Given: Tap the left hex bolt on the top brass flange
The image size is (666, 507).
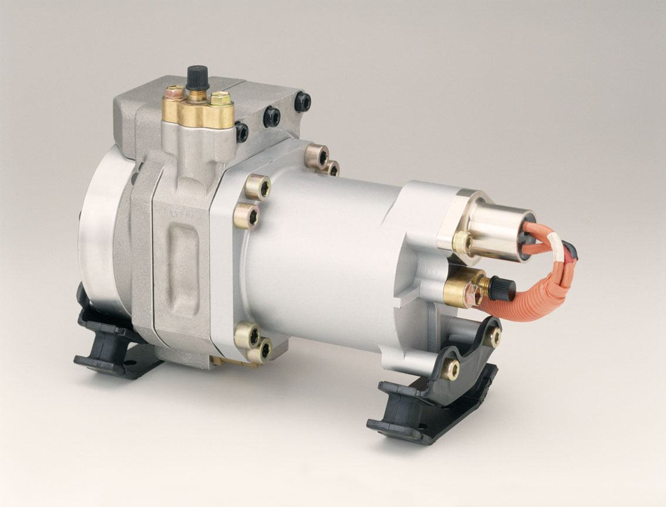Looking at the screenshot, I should (175, 93).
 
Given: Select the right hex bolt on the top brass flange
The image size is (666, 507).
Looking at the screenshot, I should (221, 99).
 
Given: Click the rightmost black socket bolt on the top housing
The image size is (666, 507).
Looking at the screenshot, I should (302, 102).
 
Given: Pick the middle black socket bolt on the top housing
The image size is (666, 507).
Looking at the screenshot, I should (272, 116).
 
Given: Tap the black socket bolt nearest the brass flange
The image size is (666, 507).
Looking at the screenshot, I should (241, 132).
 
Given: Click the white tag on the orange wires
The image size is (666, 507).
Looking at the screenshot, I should (553, 241).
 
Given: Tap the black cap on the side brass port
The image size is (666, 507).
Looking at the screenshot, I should (502, 288).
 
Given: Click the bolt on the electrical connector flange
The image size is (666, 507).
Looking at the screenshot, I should (463, 241).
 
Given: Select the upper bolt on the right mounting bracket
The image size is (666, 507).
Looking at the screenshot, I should (492, 337).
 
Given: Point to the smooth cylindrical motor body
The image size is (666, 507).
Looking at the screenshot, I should (323, 258).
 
